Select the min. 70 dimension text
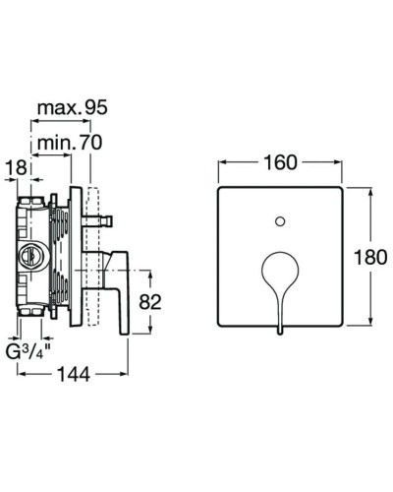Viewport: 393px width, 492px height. point(71,144)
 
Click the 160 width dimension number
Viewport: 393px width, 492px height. point(280,162)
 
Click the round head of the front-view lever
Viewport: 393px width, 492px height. point(280,268)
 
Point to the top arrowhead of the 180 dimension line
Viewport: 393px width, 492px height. point(370,187)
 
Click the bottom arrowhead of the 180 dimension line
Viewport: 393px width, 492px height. point(370,329)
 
